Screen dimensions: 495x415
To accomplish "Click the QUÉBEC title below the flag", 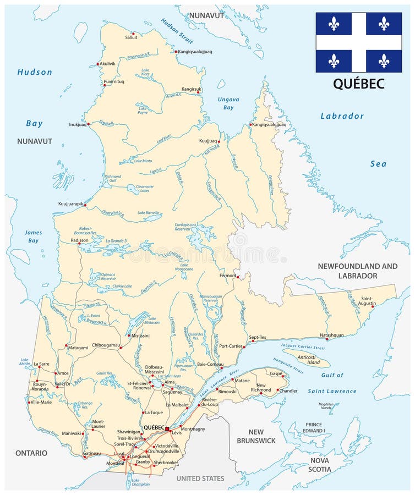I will (358, 84).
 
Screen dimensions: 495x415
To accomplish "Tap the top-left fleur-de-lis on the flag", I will (334, 24).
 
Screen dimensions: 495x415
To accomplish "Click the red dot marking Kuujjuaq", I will (219, 142).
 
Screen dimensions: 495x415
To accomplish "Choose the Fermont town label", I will (227, 276).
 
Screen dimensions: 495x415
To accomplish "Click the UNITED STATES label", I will (200, 479).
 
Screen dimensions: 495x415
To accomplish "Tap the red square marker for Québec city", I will (167, 427).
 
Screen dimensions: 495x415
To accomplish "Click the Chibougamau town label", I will (105, 345).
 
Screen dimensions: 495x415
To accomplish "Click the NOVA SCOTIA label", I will (320, 465).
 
